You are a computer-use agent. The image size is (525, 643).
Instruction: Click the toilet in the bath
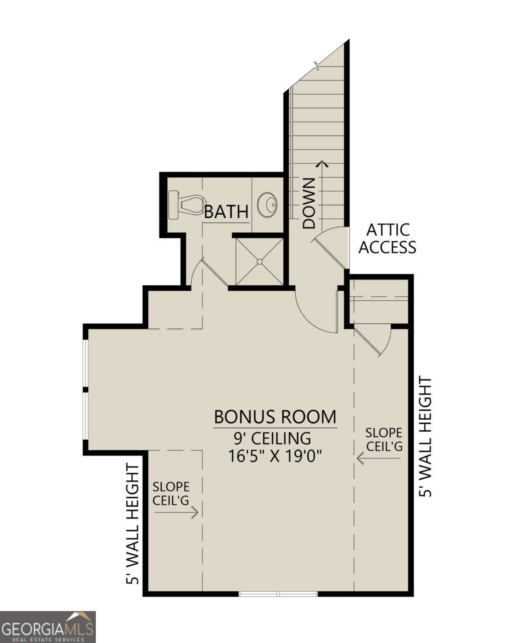[186, 205]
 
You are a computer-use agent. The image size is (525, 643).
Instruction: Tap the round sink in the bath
[267, 204]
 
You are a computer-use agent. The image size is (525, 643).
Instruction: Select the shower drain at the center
[259, 262]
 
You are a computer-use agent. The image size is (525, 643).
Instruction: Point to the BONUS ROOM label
[275, 417]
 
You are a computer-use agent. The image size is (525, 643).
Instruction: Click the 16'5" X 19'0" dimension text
[275, 456]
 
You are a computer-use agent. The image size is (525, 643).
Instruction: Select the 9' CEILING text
[275, 437]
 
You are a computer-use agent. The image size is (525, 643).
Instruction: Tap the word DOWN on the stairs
[309, 203]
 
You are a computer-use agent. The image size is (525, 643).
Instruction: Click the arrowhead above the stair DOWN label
[323, 164]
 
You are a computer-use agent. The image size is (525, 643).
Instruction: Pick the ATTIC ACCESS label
[387, 238]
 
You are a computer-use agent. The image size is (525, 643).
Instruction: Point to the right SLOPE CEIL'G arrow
[379, 458]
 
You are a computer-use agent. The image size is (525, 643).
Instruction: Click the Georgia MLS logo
[48, 626]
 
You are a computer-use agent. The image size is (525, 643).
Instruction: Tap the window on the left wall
[86, 389]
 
